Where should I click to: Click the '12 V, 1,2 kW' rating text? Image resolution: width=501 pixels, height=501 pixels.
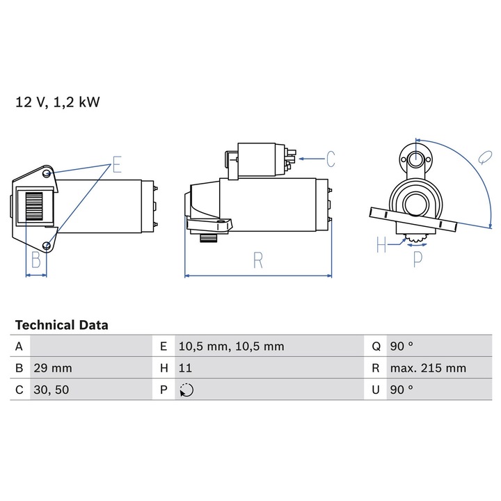[58, 103]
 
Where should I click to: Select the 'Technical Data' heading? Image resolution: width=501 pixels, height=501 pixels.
[61, 325]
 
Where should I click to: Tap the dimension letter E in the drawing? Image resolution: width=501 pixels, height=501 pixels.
[116, 165]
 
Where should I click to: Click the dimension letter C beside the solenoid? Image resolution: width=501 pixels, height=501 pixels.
[330, 159]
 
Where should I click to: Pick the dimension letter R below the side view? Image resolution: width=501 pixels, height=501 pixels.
[258, 260]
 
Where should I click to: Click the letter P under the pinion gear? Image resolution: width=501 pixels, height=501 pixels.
[417, 259]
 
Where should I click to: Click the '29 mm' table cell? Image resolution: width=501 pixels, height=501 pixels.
[52, 368]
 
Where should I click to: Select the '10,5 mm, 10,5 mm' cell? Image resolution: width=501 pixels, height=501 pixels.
[231, 347]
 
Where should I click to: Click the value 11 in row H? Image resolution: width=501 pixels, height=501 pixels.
[186, 368]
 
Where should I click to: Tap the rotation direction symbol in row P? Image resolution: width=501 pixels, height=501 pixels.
[186, 390]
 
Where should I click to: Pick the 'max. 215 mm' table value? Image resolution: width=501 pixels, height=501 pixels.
[428, 368]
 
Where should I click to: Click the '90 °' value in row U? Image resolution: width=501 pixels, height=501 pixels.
[401, 390]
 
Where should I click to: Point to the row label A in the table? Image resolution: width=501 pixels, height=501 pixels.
[19, 347]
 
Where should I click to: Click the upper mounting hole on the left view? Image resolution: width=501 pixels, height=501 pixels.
[46, 173]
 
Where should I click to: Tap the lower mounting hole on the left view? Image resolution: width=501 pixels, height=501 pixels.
[47, 244]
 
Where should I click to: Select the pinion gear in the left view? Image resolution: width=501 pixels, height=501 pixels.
[35, 207]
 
